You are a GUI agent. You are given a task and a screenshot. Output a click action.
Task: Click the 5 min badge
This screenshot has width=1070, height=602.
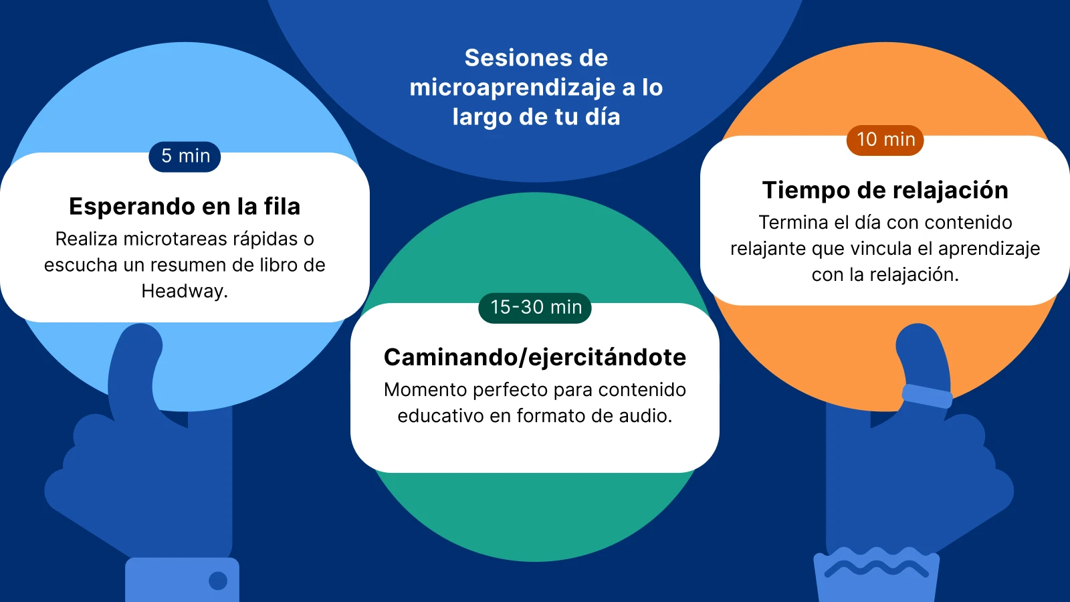(x=185, y=157)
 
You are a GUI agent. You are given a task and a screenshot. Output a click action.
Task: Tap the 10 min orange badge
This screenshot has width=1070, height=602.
(x=885, y=140)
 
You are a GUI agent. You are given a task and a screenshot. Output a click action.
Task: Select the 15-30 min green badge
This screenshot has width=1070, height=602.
(x=535, y=308)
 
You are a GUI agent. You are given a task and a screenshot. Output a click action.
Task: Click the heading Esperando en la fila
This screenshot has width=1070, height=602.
(x=185, y=207)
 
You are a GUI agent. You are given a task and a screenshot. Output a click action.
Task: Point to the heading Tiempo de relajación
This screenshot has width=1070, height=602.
(x=885, y=191)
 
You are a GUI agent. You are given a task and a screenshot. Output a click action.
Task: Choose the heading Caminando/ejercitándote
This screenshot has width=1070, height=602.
(x=535, y=358)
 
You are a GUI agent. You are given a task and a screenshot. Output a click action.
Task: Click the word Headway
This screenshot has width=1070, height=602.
(x=184, y=292)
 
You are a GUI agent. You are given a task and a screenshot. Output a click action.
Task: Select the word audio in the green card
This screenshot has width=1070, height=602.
(x=645, y=416)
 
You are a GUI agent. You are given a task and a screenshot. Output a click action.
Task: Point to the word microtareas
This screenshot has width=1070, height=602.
(x=175, y=239)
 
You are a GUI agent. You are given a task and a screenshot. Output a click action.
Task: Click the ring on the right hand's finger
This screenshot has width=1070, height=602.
(x=927, y=396)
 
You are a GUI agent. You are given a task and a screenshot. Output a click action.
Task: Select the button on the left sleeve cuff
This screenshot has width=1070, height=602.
(x=218, y=581)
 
